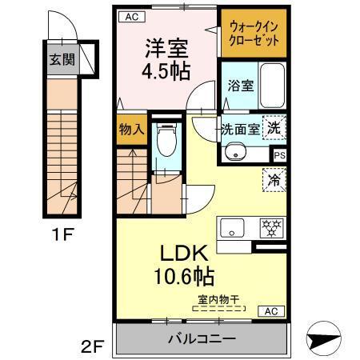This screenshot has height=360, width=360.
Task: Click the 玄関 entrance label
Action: (58, 60)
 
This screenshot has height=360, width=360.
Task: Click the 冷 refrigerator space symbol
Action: (274, 179)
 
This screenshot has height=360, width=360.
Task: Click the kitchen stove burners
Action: (271, 226)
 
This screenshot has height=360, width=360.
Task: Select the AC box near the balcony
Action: (270, 310)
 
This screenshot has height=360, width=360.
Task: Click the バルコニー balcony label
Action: (201, 338)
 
